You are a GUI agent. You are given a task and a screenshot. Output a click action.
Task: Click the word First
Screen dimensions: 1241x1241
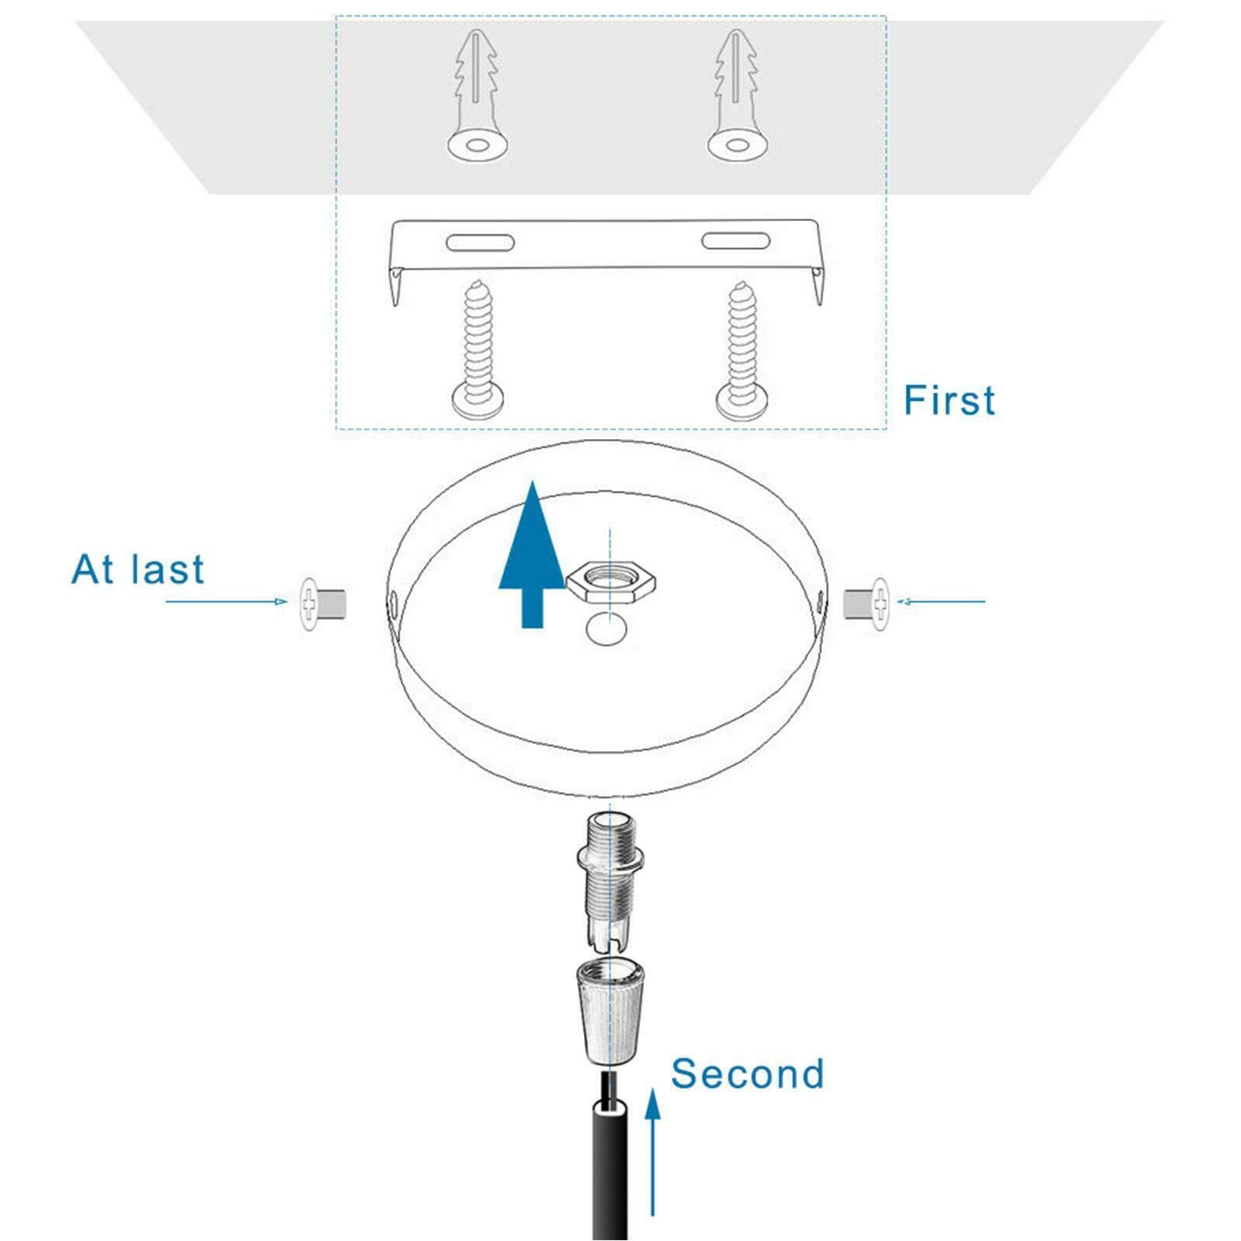[x=949, y=400]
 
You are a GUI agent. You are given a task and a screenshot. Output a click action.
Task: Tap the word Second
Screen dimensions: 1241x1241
[x=747, y=1073]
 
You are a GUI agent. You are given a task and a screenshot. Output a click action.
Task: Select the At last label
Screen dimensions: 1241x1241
[x=137, y=569]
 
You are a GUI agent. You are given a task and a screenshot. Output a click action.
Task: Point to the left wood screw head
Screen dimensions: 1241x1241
[x=480, y=399]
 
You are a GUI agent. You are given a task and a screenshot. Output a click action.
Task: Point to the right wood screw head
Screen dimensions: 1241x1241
[x=743, y=399]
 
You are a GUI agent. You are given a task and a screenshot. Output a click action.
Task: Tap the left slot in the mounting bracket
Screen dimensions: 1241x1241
[x=480, y=242]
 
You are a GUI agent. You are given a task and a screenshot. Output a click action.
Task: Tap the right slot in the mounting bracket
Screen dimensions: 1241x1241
[x=735, y=240]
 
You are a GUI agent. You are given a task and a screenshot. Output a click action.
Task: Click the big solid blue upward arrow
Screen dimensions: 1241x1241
[x=531, y=554]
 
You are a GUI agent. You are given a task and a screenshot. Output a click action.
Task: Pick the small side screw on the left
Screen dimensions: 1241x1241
[x=323, y=601]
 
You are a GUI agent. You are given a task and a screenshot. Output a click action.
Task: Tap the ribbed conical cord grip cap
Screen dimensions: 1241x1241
[x=610, y=1010]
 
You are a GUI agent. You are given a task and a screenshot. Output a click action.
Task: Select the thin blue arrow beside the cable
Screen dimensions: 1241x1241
[x=653, y=1151]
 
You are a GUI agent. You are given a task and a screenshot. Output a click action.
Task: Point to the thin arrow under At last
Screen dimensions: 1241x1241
[x=226, y=601]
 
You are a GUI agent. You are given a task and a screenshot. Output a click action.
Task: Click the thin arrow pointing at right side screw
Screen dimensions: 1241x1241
[x=941, y=601]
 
